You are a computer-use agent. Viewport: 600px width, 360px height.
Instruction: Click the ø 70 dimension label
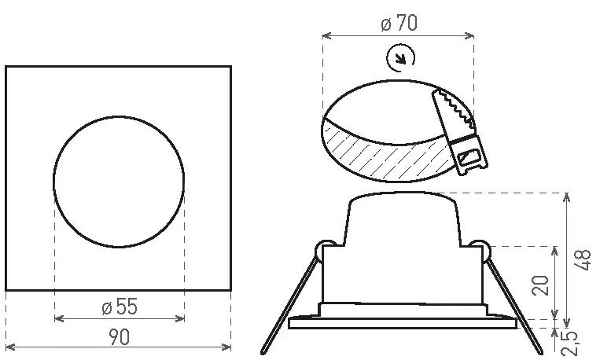399,23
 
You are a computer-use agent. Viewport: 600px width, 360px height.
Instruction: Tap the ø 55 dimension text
120,307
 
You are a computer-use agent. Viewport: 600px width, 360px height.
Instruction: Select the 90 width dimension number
119,336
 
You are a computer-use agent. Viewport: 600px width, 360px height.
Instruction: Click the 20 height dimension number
540,285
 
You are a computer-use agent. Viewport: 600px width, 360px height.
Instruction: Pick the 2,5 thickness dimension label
569,343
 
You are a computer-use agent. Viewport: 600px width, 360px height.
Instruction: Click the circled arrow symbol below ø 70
400,58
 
